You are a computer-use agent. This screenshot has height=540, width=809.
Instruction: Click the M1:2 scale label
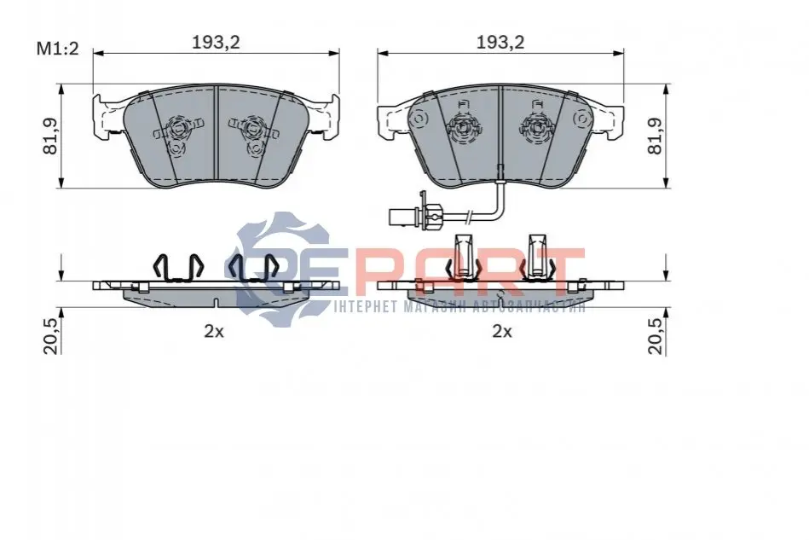(x=57, y=49)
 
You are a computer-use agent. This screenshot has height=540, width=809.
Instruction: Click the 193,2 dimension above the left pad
(x=216, y=43)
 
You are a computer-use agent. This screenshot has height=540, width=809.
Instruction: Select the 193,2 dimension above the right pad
(x=500, y=43)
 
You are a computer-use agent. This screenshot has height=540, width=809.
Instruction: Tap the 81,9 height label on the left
(x=50, y=136)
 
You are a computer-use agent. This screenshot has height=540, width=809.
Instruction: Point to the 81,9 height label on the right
(x=655, y=136)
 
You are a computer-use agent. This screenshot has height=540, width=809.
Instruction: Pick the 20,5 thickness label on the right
(x=656, y=335)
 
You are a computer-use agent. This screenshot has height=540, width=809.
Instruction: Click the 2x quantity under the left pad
(x=214, y=331)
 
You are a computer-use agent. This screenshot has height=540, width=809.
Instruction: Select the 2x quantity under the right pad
(x=501, y=331)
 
